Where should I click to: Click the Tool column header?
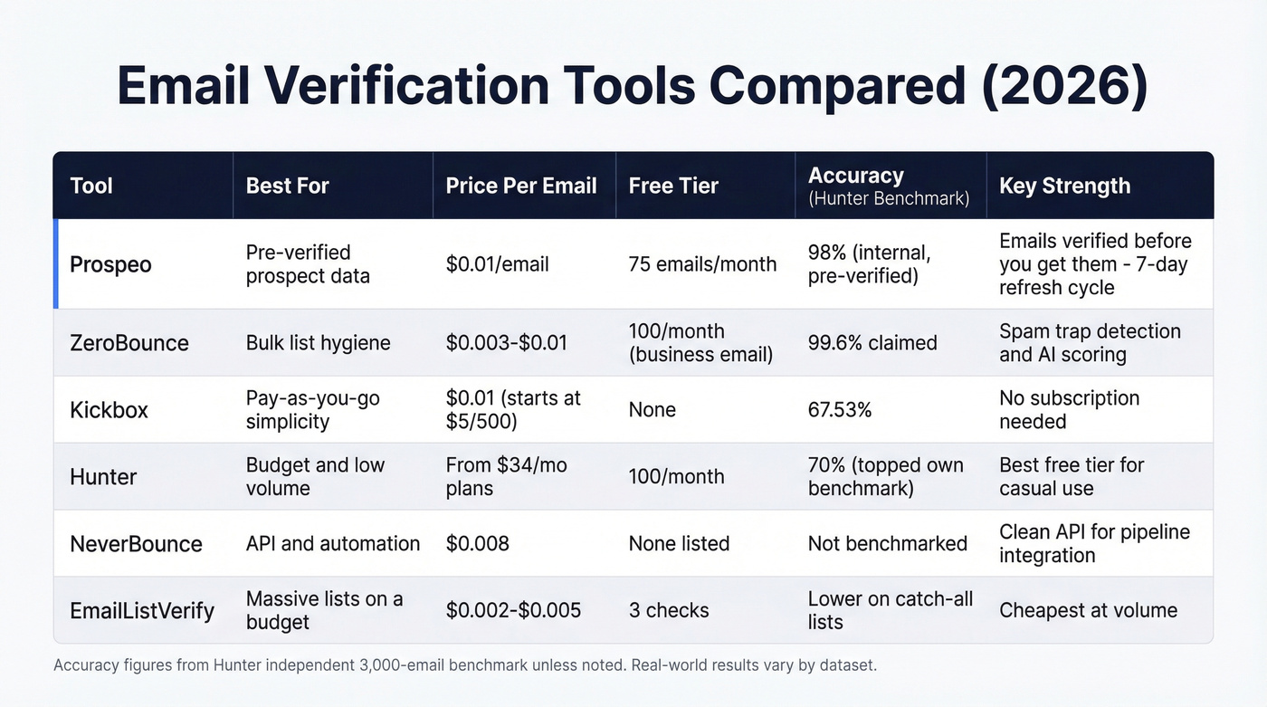pos(91,186)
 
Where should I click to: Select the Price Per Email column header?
pos(521,186)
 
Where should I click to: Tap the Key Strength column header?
pos(1064,186)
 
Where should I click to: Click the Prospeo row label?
pos(110,264)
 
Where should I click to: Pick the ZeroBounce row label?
pos(129,343)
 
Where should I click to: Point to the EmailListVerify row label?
pos(142,610)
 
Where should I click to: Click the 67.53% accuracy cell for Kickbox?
pos(840,410)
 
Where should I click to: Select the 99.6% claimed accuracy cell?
pos(872,343)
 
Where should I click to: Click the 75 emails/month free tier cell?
pos(702,264)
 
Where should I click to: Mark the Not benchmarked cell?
pos(888,543)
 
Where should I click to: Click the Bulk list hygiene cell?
pos(319,343)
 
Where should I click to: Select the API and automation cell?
pos(333,543)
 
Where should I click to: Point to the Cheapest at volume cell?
pos(1088,610)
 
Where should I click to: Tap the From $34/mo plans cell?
pos(506,476)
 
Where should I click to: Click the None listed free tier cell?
pos(679,543)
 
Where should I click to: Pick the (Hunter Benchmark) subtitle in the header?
pos(888,198)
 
